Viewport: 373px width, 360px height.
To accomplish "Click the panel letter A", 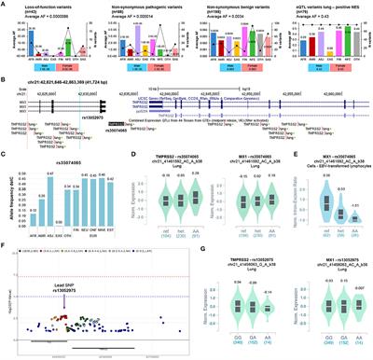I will (x=5, y=5).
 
